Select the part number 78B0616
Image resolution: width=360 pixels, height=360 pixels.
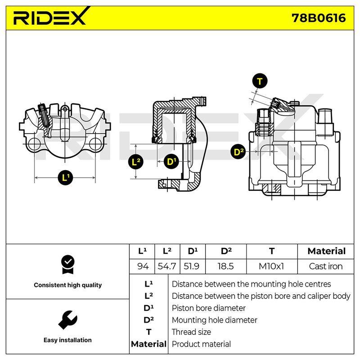(319, 18)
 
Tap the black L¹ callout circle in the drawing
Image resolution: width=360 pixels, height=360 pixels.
(65, 177)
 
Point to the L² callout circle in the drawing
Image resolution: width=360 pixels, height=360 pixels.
(136, 162)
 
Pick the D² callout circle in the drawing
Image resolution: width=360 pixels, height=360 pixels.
(238, 152)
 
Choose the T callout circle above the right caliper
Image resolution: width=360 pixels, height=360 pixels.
(260, 81)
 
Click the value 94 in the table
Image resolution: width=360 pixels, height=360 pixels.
(143, 266)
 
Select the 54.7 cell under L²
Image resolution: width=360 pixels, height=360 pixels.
(167, 266)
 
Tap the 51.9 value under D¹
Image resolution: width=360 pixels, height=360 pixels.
(192, 266)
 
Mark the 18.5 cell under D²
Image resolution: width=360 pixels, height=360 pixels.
(226, 266)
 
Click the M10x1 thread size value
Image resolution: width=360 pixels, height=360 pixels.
(271, 266)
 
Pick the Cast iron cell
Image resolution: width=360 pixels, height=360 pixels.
(325, 266)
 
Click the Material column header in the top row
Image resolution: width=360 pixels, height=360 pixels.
(327, 251)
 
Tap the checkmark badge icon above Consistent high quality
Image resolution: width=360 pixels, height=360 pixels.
(68, 265)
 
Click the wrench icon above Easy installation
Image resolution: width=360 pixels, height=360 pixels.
(68, 320)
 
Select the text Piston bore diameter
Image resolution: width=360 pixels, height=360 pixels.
(208, 308)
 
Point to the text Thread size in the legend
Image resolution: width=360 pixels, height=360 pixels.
(191, 332)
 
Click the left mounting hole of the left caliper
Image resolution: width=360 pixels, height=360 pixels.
(35, 144)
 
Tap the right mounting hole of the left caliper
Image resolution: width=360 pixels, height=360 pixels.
(95, 144)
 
